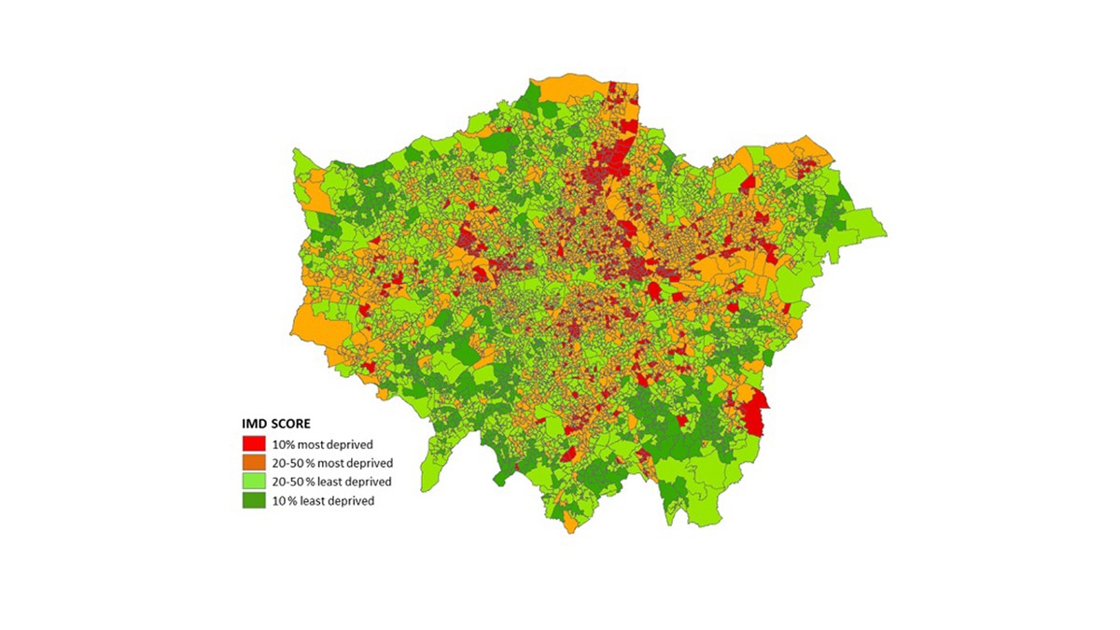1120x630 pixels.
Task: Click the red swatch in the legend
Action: pyautogui.click(x=254, y=444)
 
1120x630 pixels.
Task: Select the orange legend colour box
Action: pyautogui.click(x=254, y=463)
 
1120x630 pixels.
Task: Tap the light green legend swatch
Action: pyautogui.click(x=254, y=482)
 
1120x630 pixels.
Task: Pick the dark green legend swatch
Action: pyautogui.click(x=254, y=500)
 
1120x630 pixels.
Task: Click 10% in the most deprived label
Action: pyautogui.click(x=285, y=444)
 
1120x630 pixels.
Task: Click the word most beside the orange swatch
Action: pyautogui.click(x=336, y=463)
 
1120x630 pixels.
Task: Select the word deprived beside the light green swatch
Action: pyautogui.click(x=367, y=482)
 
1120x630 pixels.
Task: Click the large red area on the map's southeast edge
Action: pyautogui.click(x=759, y=412)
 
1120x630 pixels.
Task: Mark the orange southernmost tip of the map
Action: pyautogui.click(x=570, y=525)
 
